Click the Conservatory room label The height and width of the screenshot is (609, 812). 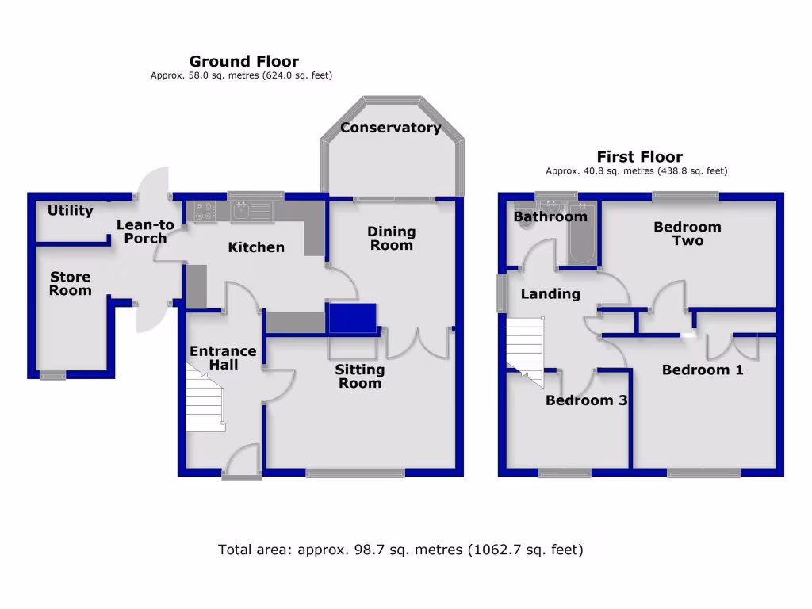click(390, 128)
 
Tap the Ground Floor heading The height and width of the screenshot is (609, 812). click(243, 61)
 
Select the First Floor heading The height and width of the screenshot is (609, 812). click(639, 156)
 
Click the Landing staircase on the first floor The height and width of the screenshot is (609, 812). click(526, 346)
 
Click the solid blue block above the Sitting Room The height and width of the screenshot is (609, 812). click(352, 317)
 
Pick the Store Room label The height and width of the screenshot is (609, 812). click(71, 284)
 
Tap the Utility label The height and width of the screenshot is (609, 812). click(70, 211)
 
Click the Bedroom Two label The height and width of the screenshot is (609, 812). click(688, 234)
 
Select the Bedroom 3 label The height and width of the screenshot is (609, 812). click(587, 400)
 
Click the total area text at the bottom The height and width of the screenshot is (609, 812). click(400, 549)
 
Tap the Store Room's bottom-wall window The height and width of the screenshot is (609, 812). click(53, 376)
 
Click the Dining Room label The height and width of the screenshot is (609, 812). click(392, 238)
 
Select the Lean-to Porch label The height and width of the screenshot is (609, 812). click(145, 232)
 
